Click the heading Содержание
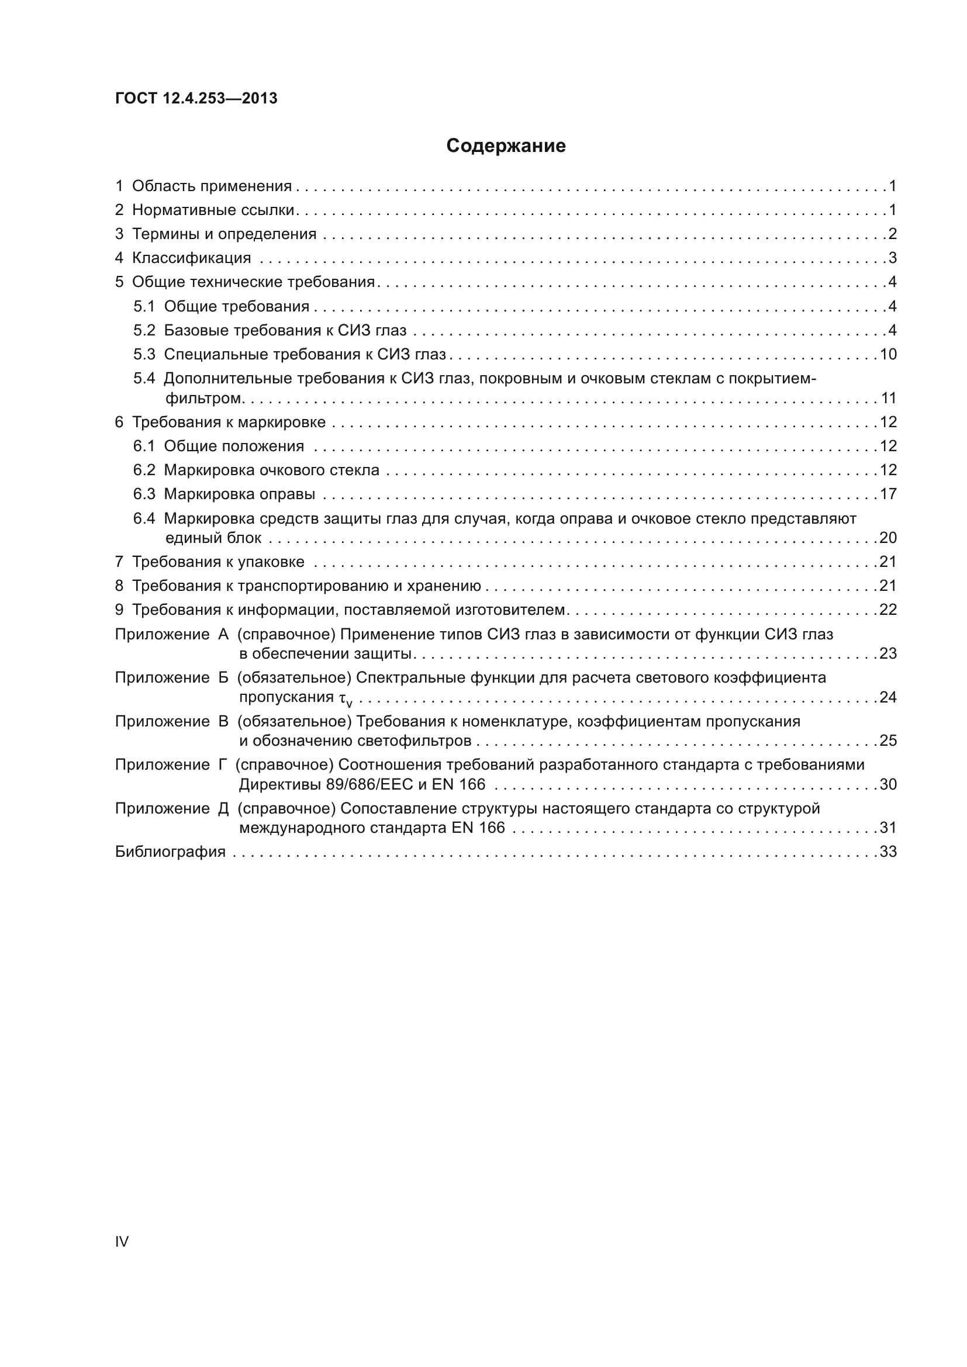506,146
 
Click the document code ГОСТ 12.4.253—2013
196,98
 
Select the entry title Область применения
212,186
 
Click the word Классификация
191,258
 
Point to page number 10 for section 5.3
888,354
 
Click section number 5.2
144,330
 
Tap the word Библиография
170,852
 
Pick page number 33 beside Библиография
888,852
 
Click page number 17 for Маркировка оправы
888,494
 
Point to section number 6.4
144,518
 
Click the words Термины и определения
224,234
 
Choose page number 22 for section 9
888,610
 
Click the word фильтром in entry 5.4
203,398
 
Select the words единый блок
213,538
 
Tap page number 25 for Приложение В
888,740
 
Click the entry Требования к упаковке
218,562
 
